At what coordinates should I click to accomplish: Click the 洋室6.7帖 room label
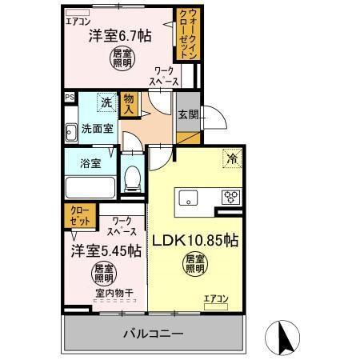pos(119,35)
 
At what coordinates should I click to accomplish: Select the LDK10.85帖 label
pos(196,239)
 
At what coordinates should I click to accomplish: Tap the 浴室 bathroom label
pos(90,164)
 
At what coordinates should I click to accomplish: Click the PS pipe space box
pos(69,97)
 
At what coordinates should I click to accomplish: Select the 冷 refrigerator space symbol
pos(230,158)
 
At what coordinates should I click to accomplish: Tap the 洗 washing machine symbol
pos(106,102)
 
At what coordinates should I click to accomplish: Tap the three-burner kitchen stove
pos(230,198)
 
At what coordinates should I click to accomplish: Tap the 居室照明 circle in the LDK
pos(194,263)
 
